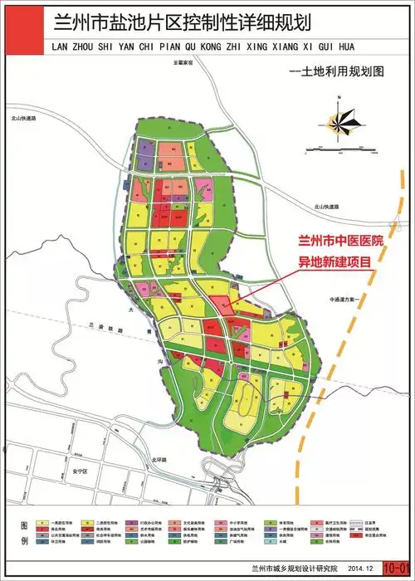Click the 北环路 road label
point(159,459)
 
